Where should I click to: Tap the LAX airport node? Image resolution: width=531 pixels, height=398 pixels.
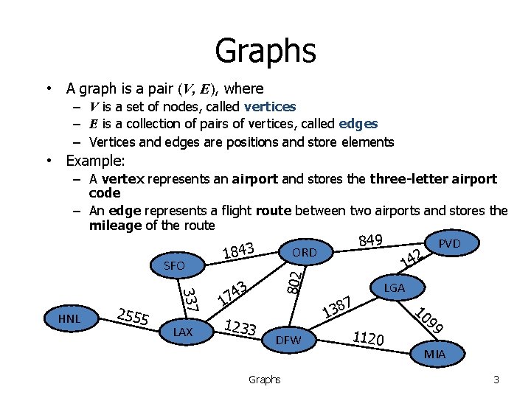click(x=182, y=332)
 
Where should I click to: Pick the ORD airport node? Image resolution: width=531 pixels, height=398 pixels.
click(x=304, y=253)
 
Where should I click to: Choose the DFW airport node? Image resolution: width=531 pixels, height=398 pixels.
click(x=288, y=340)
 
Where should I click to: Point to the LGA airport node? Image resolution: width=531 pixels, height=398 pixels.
click(x=395, y=288)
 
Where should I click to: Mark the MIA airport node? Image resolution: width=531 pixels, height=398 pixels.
click(x=434, y=355)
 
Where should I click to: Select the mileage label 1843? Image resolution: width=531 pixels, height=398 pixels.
click(x=238, y=251)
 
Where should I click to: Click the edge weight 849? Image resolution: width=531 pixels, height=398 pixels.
click(x=369, y=240)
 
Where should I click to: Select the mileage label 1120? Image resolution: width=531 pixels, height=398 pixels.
click(x=368, y=338)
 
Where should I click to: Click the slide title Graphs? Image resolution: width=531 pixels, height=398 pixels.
click(x=265, y=51)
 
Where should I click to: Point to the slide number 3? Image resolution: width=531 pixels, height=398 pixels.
click(x=496, y=380)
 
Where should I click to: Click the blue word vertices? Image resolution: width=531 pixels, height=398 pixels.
click(x=270, y=107)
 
